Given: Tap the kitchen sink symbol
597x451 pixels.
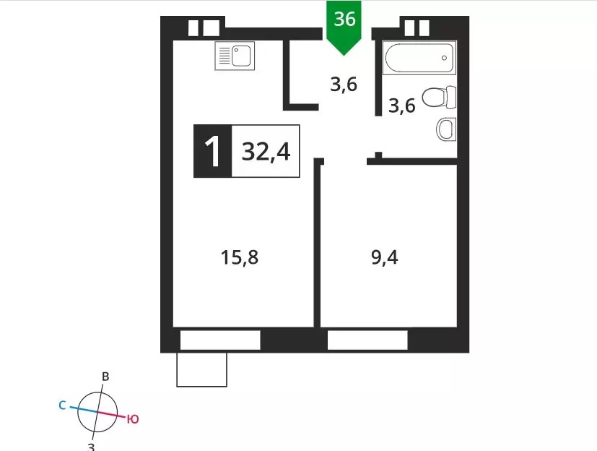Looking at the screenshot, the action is pos(235,56).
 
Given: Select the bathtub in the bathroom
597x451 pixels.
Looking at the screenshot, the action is pos(419,58).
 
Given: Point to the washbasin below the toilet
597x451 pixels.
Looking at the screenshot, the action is pos(446,129).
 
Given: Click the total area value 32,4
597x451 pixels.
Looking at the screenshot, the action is pos(266,151).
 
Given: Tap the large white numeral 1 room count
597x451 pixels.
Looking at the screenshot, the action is pos(213,151).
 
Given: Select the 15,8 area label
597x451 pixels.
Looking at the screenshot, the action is pos(240,257).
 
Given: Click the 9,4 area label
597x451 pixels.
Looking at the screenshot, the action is pos(385,257).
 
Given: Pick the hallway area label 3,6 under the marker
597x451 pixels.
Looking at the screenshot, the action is pos(344,85).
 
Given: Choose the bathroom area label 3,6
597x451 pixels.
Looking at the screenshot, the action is pos(401,106).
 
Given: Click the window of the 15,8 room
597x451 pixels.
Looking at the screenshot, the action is pos(220,340).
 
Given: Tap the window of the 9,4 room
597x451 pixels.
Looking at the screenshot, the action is pos(367,340).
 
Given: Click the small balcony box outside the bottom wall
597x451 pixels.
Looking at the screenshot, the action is pos(202,370).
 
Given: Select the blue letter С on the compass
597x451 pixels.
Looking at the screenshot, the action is pos(62,405).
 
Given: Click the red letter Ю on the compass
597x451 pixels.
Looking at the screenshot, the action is pos(133,419).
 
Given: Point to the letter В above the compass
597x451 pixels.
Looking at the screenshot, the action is pos(105,377).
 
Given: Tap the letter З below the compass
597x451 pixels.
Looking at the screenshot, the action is pos(91,447).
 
